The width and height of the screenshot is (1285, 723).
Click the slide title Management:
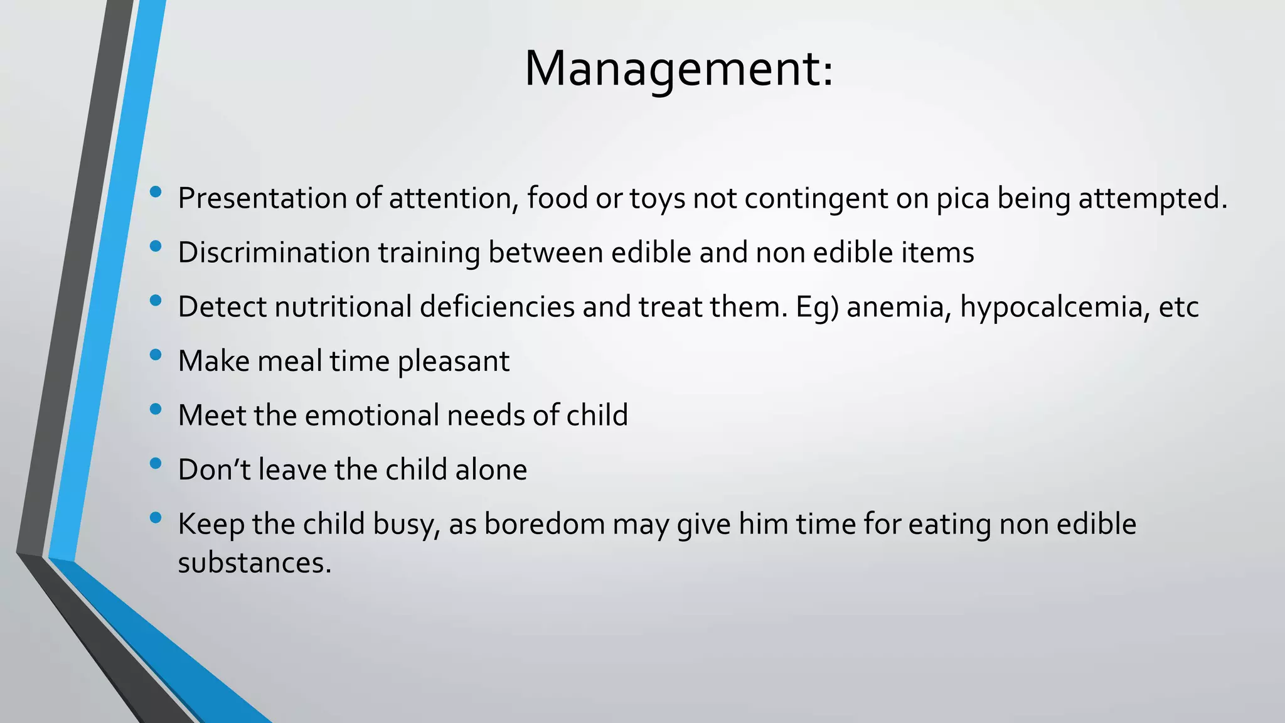point(679,68)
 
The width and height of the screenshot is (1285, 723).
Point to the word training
point(429,253)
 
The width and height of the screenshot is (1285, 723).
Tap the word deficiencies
point(497,308)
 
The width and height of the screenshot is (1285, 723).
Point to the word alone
point(491,470)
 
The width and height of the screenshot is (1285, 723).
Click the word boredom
point(544,525)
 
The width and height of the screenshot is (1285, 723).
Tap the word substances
point(254,563)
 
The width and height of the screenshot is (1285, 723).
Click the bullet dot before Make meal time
point(156,356)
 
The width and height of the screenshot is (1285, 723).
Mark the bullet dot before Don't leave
point(156,464)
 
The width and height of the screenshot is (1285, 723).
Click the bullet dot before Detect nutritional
point(156,301)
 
